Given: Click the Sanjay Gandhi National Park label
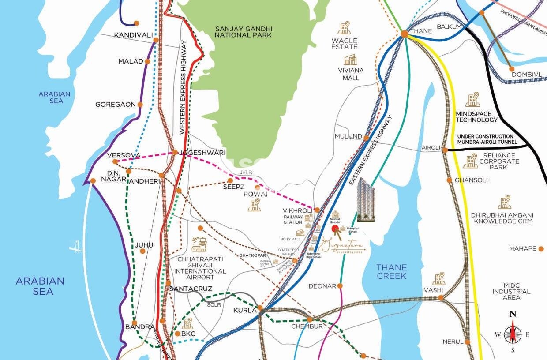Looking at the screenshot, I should pyautogui.click(x=244, y=32).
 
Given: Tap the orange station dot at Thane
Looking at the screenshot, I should pyautogui.click(x=405, y=34).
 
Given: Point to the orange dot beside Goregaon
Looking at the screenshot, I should pyautogui.click(x=140, y=105).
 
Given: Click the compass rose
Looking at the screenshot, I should pyautogui.click(x=513, y=334).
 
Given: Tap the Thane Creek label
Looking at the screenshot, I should pyautogui.click(x=392, y=272).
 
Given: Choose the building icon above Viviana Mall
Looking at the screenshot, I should pyautogui.click(x=351, y=60).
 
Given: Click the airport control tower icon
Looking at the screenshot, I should pyautogui.click(x=199, y=244).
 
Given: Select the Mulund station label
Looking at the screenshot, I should pyautogui.click(x=348, y=136).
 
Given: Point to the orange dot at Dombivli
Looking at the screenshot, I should pyautogui.click(x=512, y=69).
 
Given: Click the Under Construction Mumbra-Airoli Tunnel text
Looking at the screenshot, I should pyautogui.click(x=485, y=139).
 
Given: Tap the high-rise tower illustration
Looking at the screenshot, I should pyautogui.click(x=365, y=199).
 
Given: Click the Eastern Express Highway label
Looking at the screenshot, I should pyautogui.click(x=370, y=150).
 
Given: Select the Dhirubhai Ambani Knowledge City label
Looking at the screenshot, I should pyautogui.click(x=502, y=218).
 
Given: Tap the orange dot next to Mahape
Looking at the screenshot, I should pyautogui.click(x=541, y=249).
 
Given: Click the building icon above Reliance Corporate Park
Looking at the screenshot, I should pyautogui.click(x=471, y=161).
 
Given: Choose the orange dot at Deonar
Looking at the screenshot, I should pyautogui.click(x=340, y=286).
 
